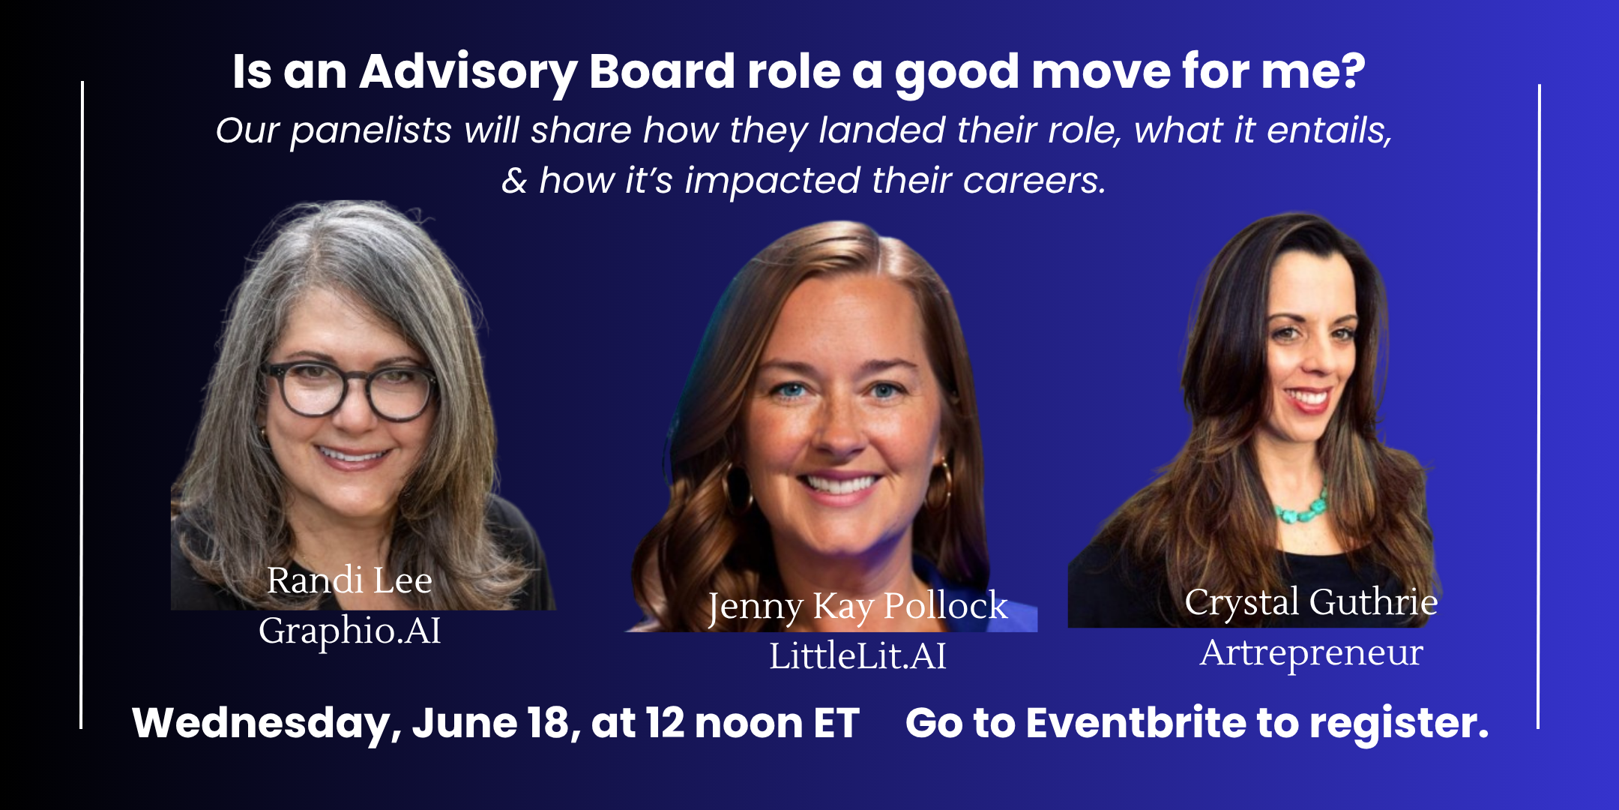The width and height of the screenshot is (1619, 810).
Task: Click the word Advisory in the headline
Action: [x=468, y=73]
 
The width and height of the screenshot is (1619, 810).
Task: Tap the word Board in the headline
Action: [x=662, y=72]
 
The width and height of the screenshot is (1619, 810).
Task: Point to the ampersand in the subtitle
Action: [x=514, y=181]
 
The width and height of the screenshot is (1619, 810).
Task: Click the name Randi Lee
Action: [x=349, y=580]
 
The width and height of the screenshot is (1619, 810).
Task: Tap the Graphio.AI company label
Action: [x=349, y=631]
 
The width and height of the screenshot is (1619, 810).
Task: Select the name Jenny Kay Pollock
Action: [x=857, y=606]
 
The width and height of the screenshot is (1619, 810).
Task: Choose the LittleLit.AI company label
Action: [x=857, y=656]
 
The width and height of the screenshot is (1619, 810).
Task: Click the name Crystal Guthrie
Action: [x=1311, y=602]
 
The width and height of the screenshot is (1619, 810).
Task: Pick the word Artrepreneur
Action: [x=1311, y=652]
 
